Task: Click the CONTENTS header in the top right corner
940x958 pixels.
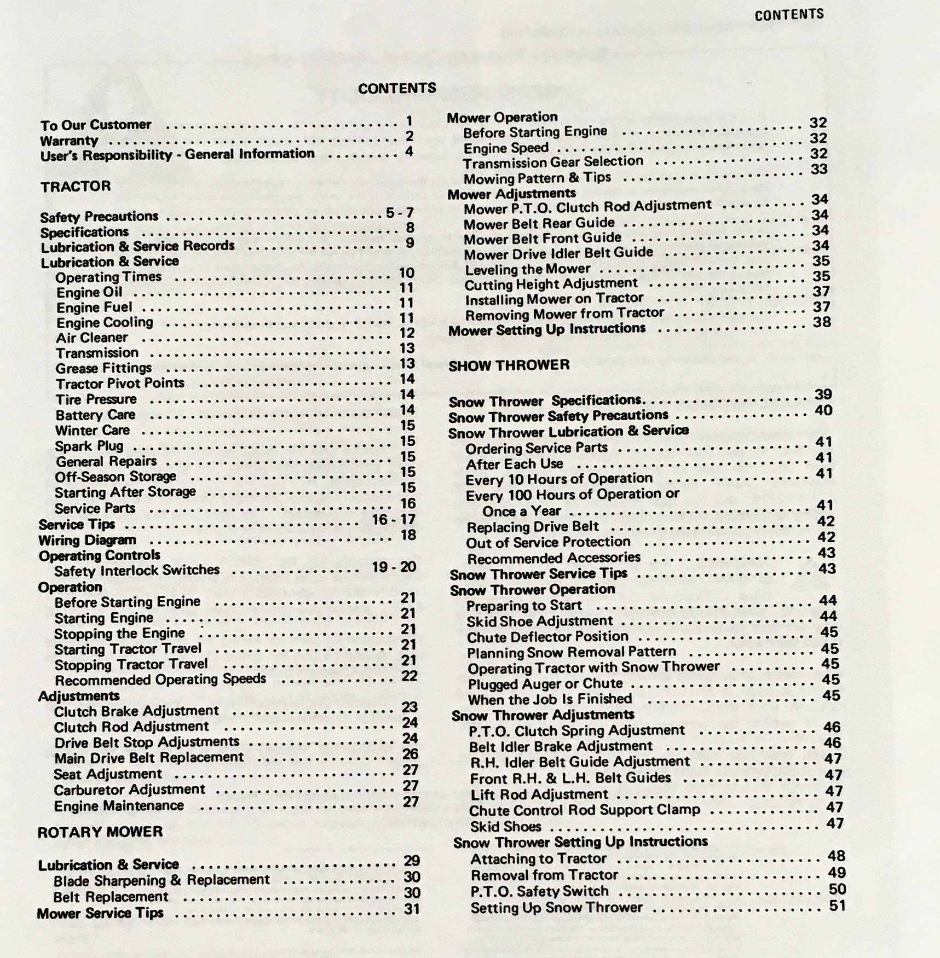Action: [x=789, y=15]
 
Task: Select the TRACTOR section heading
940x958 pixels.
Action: [x=76, y=187]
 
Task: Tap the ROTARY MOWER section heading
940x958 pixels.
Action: [x=100, y=832]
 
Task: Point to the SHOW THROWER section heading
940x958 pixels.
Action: [x=509, y=365]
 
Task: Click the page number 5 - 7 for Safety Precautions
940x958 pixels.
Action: [x=400, y=213]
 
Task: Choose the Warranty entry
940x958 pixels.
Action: [x=69, y=141]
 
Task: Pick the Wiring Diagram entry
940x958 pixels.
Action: [x=88, y=541]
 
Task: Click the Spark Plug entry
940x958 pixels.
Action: [x=89, y=446]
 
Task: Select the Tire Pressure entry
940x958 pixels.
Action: [x=96, y=399]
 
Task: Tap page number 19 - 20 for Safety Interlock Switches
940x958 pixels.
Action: [x=394, y=567]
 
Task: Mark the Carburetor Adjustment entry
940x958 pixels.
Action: [x=129, y=790]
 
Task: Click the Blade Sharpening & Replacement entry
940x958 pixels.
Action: [x=162, y=880]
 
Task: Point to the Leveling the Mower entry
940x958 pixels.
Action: [x=528, y=269]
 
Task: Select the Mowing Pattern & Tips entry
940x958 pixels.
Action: [x=537, y=178]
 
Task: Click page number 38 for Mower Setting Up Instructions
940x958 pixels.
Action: [x=822, y=322]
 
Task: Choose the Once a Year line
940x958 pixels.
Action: [x=522, y=511]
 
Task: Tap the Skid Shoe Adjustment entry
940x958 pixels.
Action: [x=540, y=622]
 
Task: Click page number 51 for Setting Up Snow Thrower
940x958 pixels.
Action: [x=837, y=905]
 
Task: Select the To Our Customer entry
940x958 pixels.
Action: [x=96, y=125]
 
